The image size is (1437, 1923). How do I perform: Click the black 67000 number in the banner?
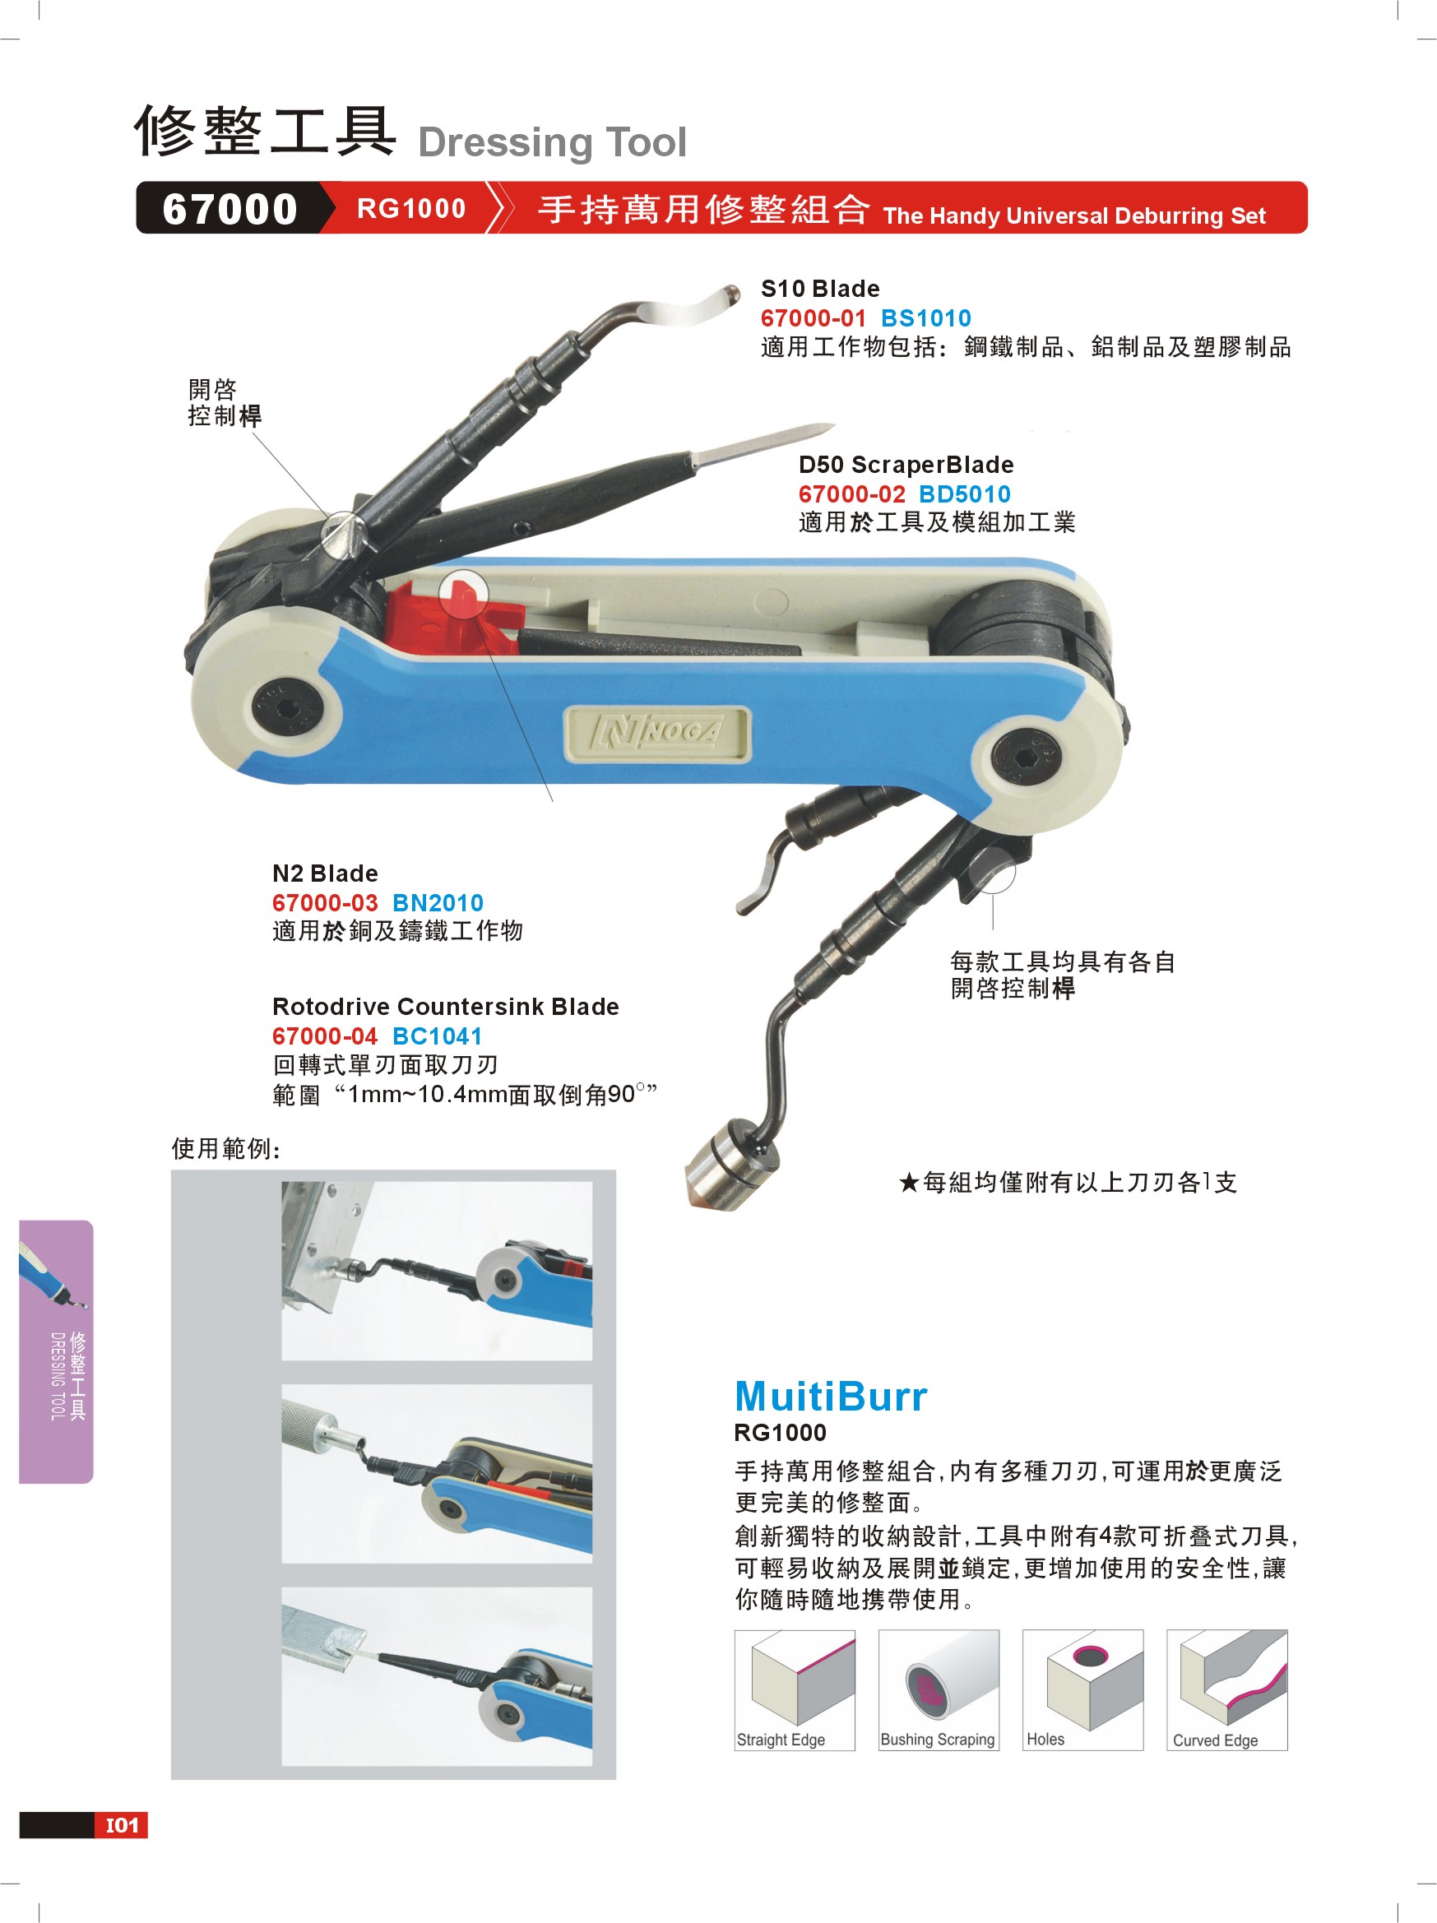point(229,209)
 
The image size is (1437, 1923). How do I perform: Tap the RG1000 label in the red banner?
point(411,209)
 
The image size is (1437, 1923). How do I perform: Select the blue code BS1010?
point(926,318)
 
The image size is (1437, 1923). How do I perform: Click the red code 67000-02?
point(852,493)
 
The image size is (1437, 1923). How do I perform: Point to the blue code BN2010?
point(438,902)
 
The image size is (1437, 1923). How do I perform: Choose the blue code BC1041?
point(437,1036)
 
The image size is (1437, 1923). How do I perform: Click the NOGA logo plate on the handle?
point(657,733)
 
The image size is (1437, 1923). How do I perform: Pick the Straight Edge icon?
point(795,1690)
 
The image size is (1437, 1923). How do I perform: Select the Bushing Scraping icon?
point(939,1690)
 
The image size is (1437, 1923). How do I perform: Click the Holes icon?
point(1083,1690)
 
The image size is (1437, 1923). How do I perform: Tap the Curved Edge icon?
point(1226,1690)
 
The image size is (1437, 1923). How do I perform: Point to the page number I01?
point(122,1825)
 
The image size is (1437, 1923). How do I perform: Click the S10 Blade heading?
point(820,289)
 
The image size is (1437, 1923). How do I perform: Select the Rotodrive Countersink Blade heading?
point(445,1007)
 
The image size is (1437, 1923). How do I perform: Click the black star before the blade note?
point(908,1182)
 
